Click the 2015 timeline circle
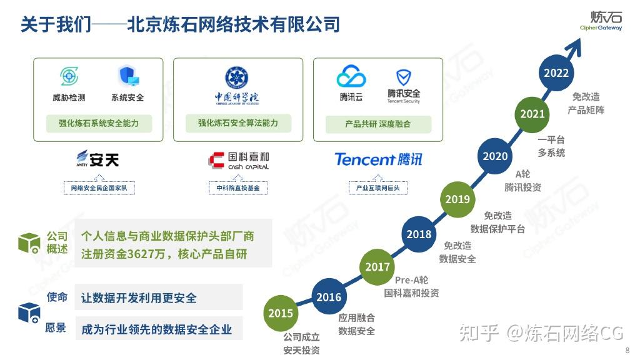click(x=281, y=313)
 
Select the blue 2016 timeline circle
click(x=329, y=297)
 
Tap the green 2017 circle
click(x=377, y=267)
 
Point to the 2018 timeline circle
click(x=419, y=234)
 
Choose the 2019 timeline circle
click(x=457, y=199)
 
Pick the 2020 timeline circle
click(x=496, y=156)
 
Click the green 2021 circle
click(x=532, y=114)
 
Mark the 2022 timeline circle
click(x=556, y=72)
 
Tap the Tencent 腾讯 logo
click(x=378, y=159)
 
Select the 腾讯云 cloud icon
click(x=351, y=77)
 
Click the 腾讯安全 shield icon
click(x=404, y=77)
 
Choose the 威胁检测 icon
click(x=69, y=76)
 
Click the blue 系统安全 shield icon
click(x=128, y=76)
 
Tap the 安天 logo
click(x=97, y=159)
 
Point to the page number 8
click(x=627, y=350)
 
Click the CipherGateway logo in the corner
click(x=601, y=21)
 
